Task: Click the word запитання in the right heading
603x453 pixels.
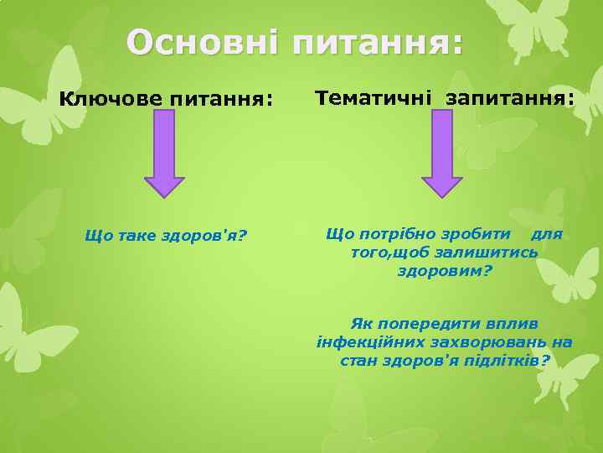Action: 510,99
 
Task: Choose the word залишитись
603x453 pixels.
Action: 482,253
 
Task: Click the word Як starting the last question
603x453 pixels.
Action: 361,324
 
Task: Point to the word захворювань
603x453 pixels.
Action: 495,342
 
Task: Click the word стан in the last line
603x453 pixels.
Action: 358,361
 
